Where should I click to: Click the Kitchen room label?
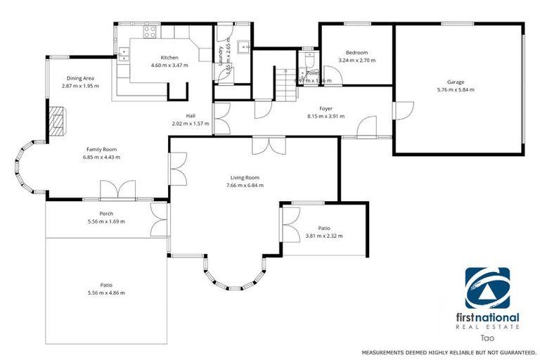point(169,58)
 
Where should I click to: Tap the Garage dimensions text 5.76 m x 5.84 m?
point(456,90)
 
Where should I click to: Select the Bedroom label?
point(356,53)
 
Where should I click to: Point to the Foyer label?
point(326,108)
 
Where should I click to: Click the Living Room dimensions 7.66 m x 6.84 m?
point(245,186)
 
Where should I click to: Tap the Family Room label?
point(101,149)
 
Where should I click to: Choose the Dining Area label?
point(80,78)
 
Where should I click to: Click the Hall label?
point(191,116)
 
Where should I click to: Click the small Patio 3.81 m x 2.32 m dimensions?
point(324,236)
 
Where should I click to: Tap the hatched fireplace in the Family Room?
point(57,120)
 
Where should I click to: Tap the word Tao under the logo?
point(487,337)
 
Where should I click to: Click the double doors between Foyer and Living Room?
point(269,145)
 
